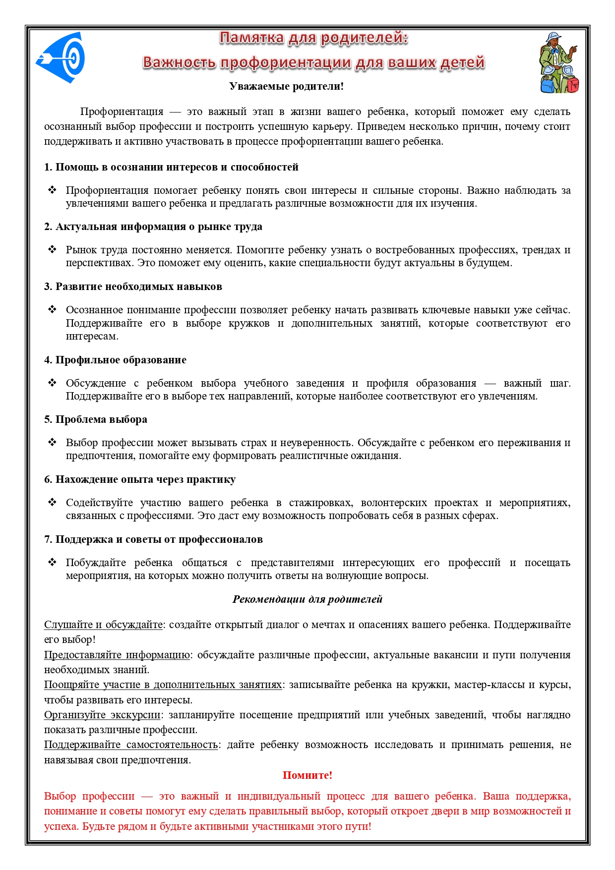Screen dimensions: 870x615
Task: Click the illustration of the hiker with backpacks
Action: pyautogui.click(x=559, y=63)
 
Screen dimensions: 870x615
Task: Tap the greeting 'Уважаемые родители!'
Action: pyautogui.click(x=286, y=86)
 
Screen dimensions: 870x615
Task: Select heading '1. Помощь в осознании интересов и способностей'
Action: pyautogui.click(x=171, y=167)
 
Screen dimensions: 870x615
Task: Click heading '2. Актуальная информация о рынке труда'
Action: pyautogui.click(x=153, y=227)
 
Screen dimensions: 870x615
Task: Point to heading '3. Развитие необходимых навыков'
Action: pyautogui.click(x=133, y=287)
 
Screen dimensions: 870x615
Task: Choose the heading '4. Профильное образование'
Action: pyautogui.click(x=115, y=360)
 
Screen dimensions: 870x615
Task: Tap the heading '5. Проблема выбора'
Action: pyautogui.click(x=96, y=419)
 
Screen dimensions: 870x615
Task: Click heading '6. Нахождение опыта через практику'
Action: pyautogui.click(x=140, y=479)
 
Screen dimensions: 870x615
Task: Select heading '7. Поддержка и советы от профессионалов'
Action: pyautogui.click(x=153, y=539)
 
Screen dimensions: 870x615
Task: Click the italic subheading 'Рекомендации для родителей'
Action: pyautogui.click(x=307, y=599)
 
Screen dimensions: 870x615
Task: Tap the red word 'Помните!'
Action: pyautogui.click(x=307, y=775)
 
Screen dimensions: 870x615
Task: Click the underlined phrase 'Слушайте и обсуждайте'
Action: pyautogui.click(x=103, y=625)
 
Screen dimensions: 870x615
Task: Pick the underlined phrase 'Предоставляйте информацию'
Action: pyautogui.click(x=117, y=655)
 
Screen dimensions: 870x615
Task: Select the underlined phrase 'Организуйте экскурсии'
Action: pyautogui.click(x=102, y=715)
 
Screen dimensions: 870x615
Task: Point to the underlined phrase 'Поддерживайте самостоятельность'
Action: pyautogui.click(x=131, y=745)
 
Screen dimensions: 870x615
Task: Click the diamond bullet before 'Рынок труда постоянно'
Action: pyautogui.click(x=52, y=249)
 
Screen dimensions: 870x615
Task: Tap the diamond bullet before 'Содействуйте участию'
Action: pyautogui.click(x=52, y=502)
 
